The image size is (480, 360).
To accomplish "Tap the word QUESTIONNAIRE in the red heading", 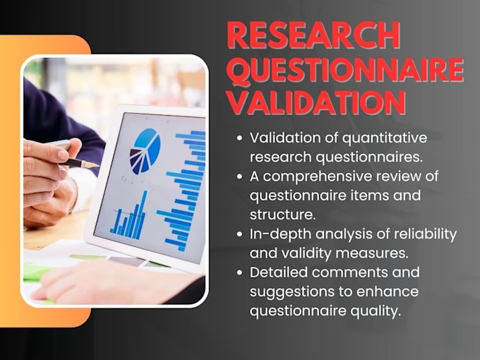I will click(x=345, y=71).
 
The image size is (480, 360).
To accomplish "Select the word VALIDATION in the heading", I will click(x=316, y=103).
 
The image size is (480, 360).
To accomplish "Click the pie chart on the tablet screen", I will click(x=145, y=150).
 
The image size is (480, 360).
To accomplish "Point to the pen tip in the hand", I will click(x=94, y=164).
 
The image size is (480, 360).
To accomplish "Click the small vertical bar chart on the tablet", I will click(x=129, y=217).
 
